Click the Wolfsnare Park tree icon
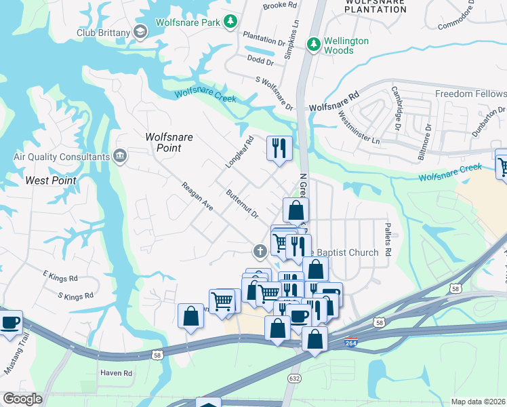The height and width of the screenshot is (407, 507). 231,22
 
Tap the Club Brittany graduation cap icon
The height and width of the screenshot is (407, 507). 140,32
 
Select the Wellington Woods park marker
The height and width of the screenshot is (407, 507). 313,45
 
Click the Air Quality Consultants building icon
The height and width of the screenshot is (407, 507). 121,157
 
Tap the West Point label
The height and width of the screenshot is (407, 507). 51,180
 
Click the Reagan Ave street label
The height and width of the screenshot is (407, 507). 197,196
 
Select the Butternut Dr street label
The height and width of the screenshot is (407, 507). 243,204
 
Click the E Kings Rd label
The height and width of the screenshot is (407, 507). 60,277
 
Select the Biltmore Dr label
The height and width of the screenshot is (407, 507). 428,136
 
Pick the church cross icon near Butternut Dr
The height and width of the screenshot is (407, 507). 259,252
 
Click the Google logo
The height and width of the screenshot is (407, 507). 22,399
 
